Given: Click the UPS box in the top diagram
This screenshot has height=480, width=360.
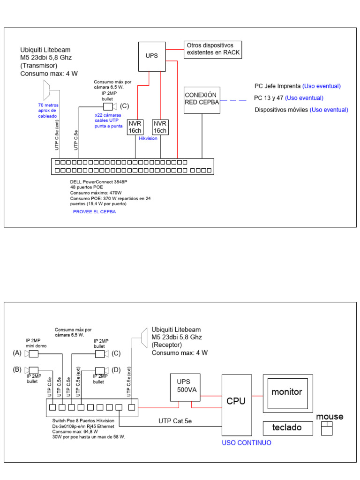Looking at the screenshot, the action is (152, 57).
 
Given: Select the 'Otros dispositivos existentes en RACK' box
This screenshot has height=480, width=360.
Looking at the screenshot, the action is (213, 50).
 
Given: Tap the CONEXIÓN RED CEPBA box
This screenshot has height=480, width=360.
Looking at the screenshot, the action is (202, 100).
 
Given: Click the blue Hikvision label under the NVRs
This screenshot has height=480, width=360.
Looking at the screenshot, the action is (148, 138).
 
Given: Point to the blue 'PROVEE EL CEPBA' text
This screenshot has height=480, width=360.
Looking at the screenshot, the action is (94, 212).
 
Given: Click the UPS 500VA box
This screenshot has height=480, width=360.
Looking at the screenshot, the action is (185, 387).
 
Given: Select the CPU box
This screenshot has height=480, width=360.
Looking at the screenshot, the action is (237, 405).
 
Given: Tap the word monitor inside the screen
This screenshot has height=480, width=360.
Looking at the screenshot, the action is (287, 392).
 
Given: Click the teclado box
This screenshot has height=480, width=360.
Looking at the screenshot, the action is (288, 428).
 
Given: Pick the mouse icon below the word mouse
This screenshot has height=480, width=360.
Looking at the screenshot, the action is (327, 428).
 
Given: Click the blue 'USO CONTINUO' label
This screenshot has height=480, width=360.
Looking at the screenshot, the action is (247, 442).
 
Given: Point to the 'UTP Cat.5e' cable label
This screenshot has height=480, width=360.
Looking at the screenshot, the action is (175, 421).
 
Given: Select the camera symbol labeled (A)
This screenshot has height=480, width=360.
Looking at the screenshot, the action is (31, 354).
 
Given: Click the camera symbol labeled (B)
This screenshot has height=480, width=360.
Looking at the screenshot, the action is (31, 370).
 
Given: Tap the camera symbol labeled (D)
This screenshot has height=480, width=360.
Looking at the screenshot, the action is (102, 371).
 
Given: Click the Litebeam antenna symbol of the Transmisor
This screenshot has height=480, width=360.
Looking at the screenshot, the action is (46, 90).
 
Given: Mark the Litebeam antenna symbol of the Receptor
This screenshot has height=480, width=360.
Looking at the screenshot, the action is (144, 338).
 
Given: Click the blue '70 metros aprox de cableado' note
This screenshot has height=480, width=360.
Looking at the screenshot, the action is (48, 111).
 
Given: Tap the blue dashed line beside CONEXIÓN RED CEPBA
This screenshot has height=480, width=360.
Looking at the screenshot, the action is (233, 100).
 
